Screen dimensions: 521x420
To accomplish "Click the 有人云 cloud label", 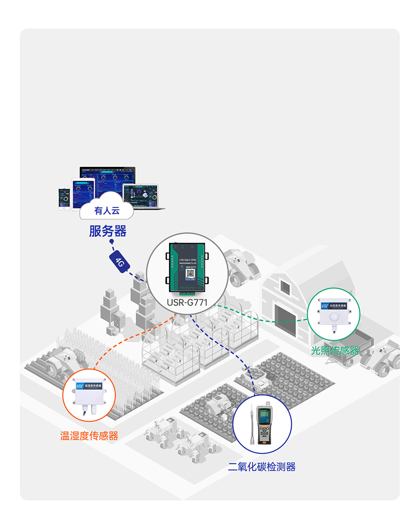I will (x=107, y=211).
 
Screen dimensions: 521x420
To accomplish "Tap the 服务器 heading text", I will (x=108, y=231).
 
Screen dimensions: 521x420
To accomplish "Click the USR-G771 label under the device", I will (x=187, y=303).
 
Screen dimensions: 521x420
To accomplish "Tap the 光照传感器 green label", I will (x=335, y=350).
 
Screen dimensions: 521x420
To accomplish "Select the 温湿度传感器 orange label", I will (x=89, y=436).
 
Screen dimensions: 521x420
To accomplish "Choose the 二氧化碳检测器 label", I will (x=262, y=466).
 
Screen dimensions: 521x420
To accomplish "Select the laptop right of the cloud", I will (x=141, y=195).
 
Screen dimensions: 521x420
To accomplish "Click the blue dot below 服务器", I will (x=111, y=242).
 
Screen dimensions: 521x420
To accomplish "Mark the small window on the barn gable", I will (x=284, y=288).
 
